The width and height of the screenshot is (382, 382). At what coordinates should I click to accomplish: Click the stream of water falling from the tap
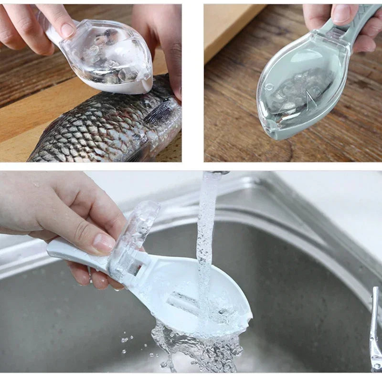[206, 239]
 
